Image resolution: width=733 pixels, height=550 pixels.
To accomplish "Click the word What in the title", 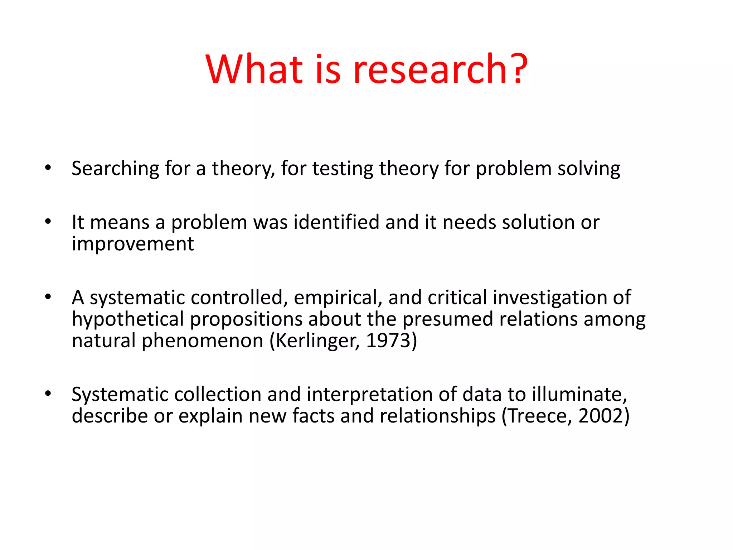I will point(255,69).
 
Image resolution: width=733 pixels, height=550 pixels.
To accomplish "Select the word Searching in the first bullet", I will point(115,169).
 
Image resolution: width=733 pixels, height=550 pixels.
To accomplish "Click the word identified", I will point(336,222).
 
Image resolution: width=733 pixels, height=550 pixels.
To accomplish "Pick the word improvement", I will point(133,244).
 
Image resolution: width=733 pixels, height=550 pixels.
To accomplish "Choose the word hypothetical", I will point(128,319).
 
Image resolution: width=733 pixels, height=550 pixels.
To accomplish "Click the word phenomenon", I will point(203,341).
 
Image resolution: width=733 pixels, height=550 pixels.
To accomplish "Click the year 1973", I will point(388,341).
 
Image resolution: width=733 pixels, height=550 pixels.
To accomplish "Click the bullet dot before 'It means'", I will point(48,222).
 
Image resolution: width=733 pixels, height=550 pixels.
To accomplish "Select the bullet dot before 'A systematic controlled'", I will point(48,297).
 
